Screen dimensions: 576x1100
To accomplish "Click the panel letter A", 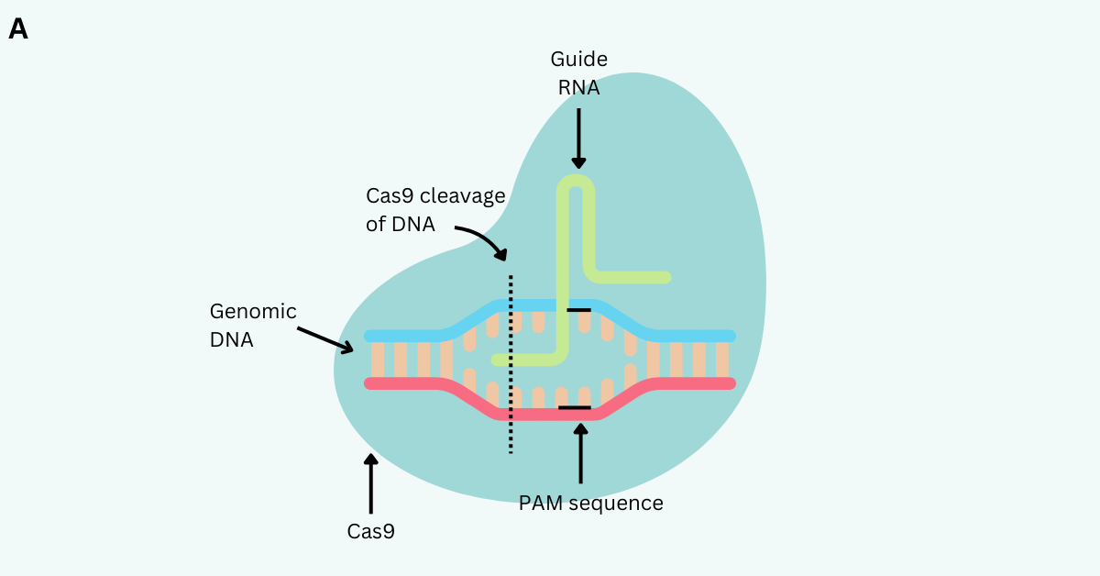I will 18,29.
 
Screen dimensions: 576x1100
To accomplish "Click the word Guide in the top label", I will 578,60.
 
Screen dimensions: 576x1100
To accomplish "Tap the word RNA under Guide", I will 578,88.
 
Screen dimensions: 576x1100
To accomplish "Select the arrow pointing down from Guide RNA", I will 578,138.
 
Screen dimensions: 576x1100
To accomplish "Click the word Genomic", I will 253,311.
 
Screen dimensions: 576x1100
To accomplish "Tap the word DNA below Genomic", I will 231,339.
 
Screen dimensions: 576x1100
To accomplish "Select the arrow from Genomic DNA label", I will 325,338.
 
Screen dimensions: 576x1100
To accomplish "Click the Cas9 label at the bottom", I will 370,530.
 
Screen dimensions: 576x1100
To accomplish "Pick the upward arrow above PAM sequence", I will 579,453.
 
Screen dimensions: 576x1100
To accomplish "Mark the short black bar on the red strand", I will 575,406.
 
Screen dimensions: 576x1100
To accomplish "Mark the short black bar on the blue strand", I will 578,310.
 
